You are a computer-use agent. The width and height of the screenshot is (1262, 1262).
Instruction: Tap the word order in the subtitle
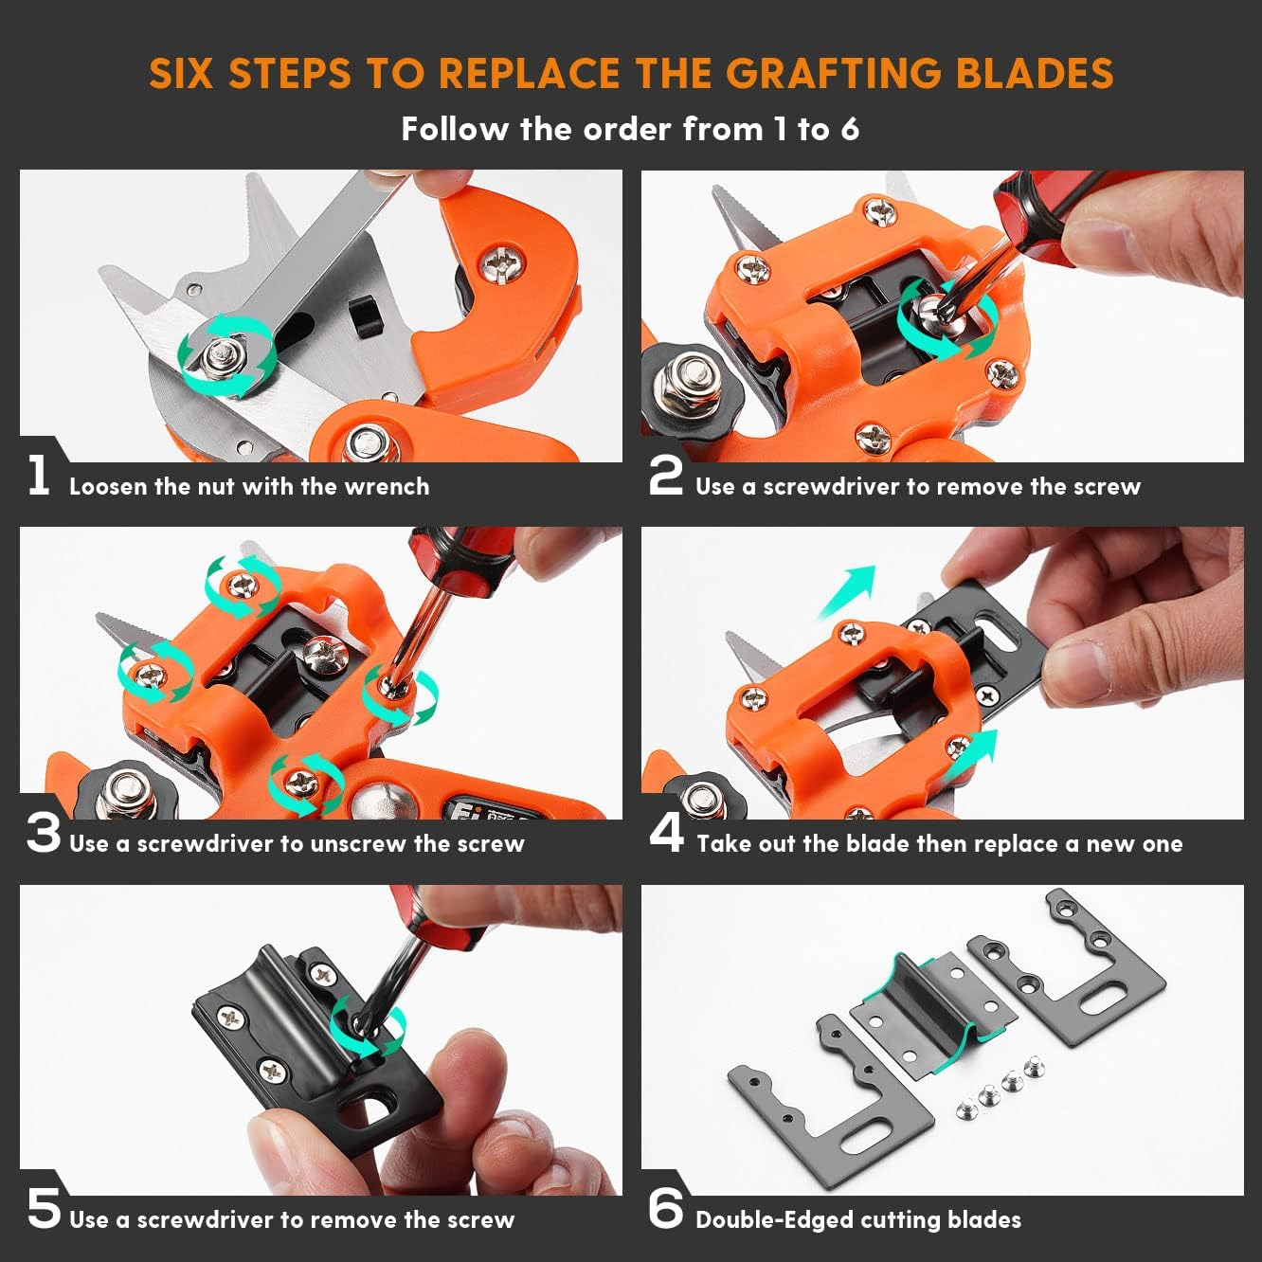tap(628, 129)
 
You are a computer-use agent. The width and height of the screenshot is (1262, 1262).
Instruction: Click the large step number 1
tap(39, 476)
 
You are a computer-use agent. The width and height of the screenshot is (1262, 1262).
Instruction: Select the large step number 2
tap(665, 476)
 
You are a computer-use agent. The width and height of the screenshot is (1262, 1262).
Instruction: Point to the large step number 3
tap(43, 834)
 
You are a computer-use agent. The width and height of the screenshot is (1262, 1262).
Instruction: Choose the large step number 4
tap(666, 833)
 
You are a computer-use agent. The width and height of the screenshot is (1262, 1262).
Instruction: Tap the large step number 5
tap(44, 1209)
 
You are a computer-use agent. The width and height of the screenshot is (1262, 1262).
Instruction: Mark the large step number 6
tap(665, 1209)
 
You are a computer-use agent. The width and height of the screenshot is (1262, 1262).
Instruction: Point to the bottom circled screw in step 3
tap(304, 782)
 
